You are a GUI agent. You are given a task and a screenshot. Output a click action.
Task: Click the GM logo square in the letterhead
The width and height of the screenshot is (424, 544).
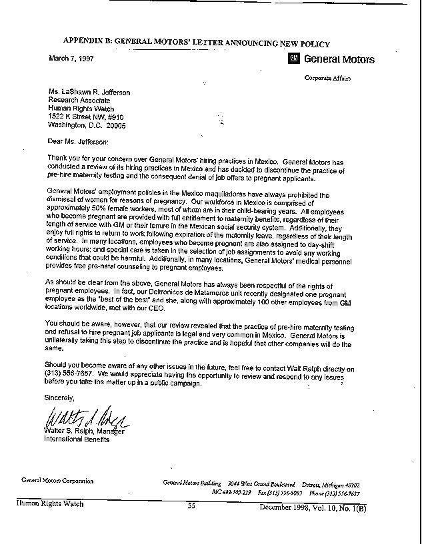click(x=293, y=59)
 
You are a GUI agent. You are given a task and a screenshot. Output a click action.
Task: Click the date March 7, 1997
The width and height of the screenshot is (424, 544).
click(x=71, y=59)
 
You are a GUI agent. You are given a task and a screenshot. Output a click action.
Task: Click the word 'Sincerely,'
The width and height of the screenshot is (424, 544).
click(x=61, y=397)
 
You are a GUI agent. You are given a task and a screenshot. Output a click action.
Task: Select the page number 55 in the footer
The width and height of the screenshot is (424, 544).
click(x=191, y=505)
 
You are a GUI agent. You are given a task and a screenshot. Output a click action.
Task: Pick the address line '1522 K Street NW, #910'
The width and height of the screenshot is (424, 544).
click(x=86, y=117)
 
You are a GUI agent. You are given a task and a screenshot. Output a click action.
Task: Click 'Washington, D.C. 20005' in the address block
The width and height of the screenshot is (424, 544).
click(x=87, y=125)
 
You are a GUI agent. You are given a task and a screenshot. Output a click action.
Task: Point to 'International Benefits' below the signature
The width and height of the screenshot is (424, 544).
click(x=77, y=440)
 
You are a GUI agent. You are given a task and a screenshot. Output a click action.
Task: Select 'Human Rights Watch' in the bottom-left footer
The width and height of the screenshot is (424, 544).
click(x=51, y=504)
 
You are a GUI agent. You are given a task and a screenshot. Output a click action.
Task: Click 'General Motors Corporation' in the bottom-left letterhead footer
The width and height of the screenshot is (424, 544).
click(x=57, y=480)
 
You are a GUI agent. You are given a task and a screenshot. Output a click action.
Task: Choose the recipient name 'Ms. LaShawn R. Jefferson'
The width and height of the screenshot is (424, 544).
click(x=89, y=93)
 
